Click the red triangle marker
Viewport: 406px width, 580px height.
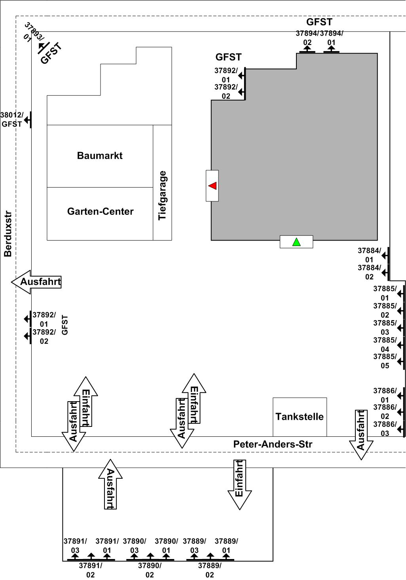click(212, 186)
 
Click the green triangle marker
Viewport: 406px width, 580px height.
click(296, 242)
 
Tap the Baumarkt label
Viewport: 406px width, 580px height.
click(100, 155)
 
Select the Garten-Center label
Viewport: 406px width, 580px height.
click(100, 211)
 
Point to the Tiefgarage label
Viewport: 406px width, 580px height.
click(162, 195)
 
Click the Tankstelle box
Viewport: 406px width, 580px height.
click(300, 417)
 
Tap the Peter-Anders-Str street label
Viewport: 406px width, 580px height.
click(273, 444)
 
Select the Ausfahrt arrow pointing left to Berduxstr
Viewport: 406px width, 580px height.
click(36, 282)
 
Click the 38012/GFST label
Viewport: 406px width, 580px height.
click(11, 119)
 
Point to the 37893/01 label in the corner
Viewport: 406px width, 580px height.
click(31, 32)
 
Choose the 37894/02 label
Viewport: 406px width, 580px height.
click(307, 38)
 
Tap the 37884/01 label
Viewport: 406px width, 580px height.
click(369, 255)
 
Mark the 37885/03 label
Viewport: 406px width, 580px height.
click(385, 328)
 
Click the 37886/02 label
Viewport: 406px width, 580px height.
click(385, 411)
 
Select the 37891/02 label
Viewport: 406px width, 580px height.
click(91, 570)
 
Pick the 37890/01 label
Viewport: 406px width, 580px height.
click(166, 546)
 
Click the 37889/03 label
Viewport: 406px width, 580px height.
click(194, 546)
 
